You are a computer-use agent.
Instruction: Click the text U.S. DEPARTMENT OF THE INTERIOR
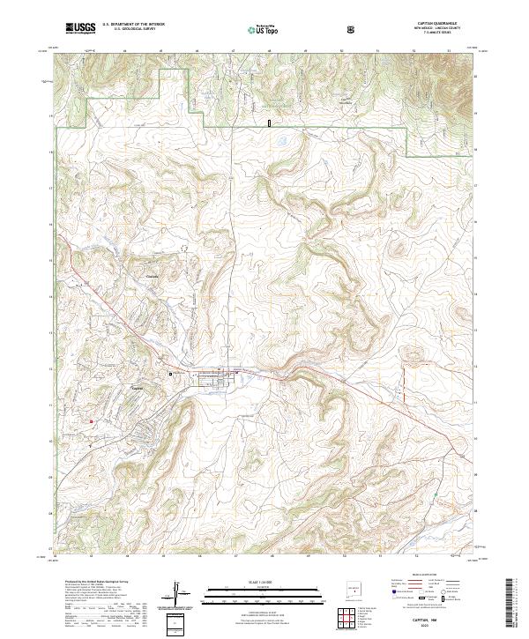pyautogui.click(x=133, y=25)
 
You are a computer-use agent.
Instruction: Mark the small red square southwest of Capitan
pyautogui.click(x=90, y=421)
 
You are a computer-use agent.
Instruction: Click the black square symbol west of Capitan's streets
pyautogui.click(x=171, y=375)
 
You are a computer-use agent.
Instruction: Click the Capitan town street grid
pyautogui.click(x=216, y=379)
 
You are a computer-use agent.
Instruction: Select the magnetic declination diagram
pyautogui.click(x=181, y=592)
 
